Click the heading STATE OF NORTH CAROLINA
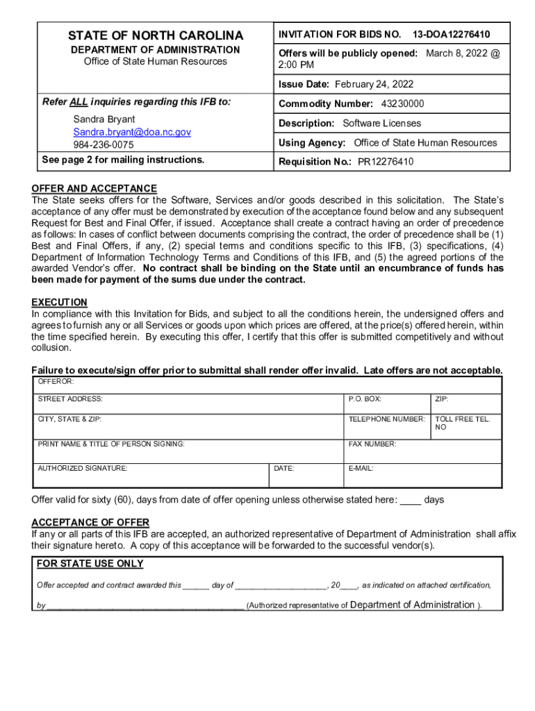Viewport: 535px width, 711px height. click(x=155, y=35)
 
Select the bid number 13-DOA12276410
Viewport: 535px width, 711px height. click(x=451, y=34)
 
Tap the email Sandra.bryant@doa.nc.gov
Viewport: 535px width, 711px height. click(x=132, y=132)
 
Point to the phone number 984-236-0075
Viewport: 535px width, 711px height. click(x=104, y=145)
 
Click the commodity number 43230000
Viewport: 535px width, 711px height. click(x=402, y=103)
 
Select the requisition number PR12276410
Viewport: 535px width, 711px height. click(x=386, y=162)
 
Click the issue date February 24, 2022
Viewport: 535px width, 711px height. click(x=374, y=85)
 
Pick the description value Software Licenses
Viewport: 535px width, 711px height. click(x=381, y=123)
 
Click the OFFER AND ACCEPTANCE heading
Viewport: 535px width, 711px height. click(x=94, y=189)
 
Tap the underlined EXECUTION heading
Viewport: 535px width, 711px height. click(x=59, y=303)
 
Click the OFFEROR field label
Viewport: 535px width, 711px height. click(x=56, y=381)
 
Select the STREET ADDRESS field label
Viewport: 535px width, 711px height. click(x=70, y=399)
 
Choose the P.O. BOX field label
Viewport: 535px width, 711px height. click(x=365, y=399)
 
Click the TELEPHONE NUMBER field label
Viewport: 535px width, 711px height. click(x=386, y=419)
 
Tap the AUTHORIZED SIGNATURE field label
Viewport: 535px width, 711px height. click(x=83, y=469)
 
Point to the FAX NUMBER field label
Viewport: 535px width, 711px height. click(x=372, y=444)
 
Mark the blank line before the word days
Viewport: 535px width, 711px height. click(x=411, y=501)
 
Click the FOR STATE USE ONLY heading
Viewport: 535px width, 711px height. click(x=90, y=564)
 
